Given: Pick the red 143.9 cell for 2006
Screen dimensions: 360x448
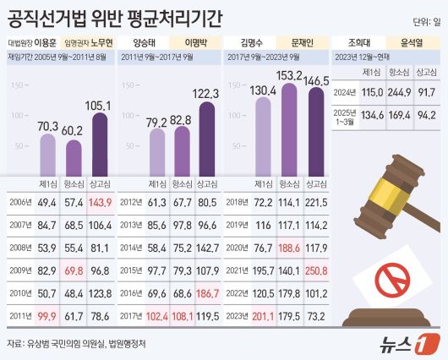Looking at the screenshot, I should [100, 203].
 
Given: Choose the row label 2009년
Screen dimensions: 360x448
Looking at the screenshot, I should [18, 270].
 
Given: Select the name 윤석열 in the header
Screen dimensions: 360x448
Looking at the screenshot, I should [412, 40].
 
